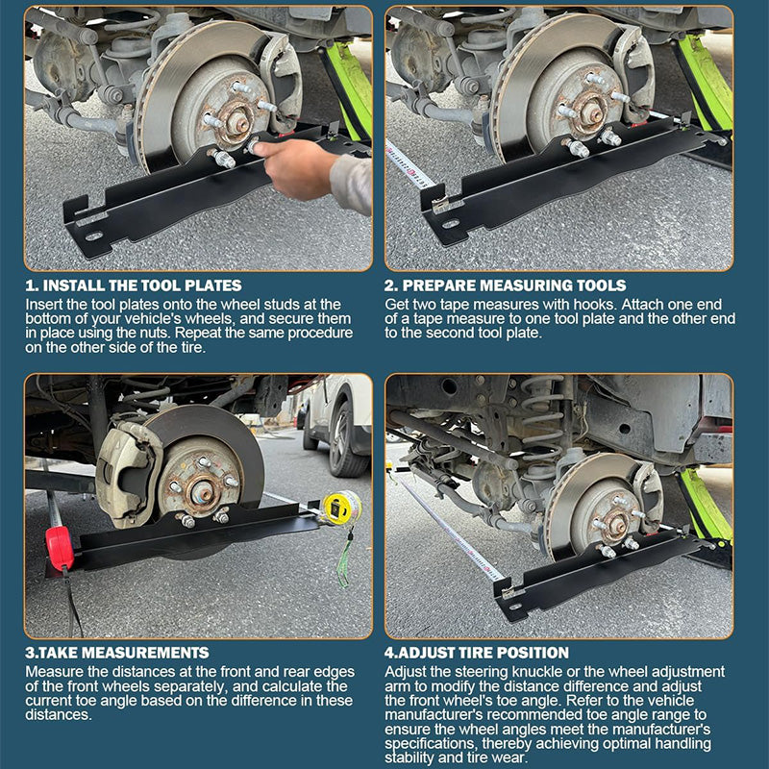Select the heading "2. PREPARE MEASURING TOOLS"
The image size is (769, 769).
(x=506, y=285)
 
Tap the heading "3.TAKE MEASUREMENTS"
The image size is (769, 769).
(x=116, y=653)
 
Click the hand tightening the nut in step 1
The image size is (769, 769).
(x=298, y=163)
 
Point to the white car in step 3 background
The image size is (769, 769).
(x=336, y=423)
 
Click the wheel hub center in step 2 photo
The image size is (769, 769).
(x=591, y=112)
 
